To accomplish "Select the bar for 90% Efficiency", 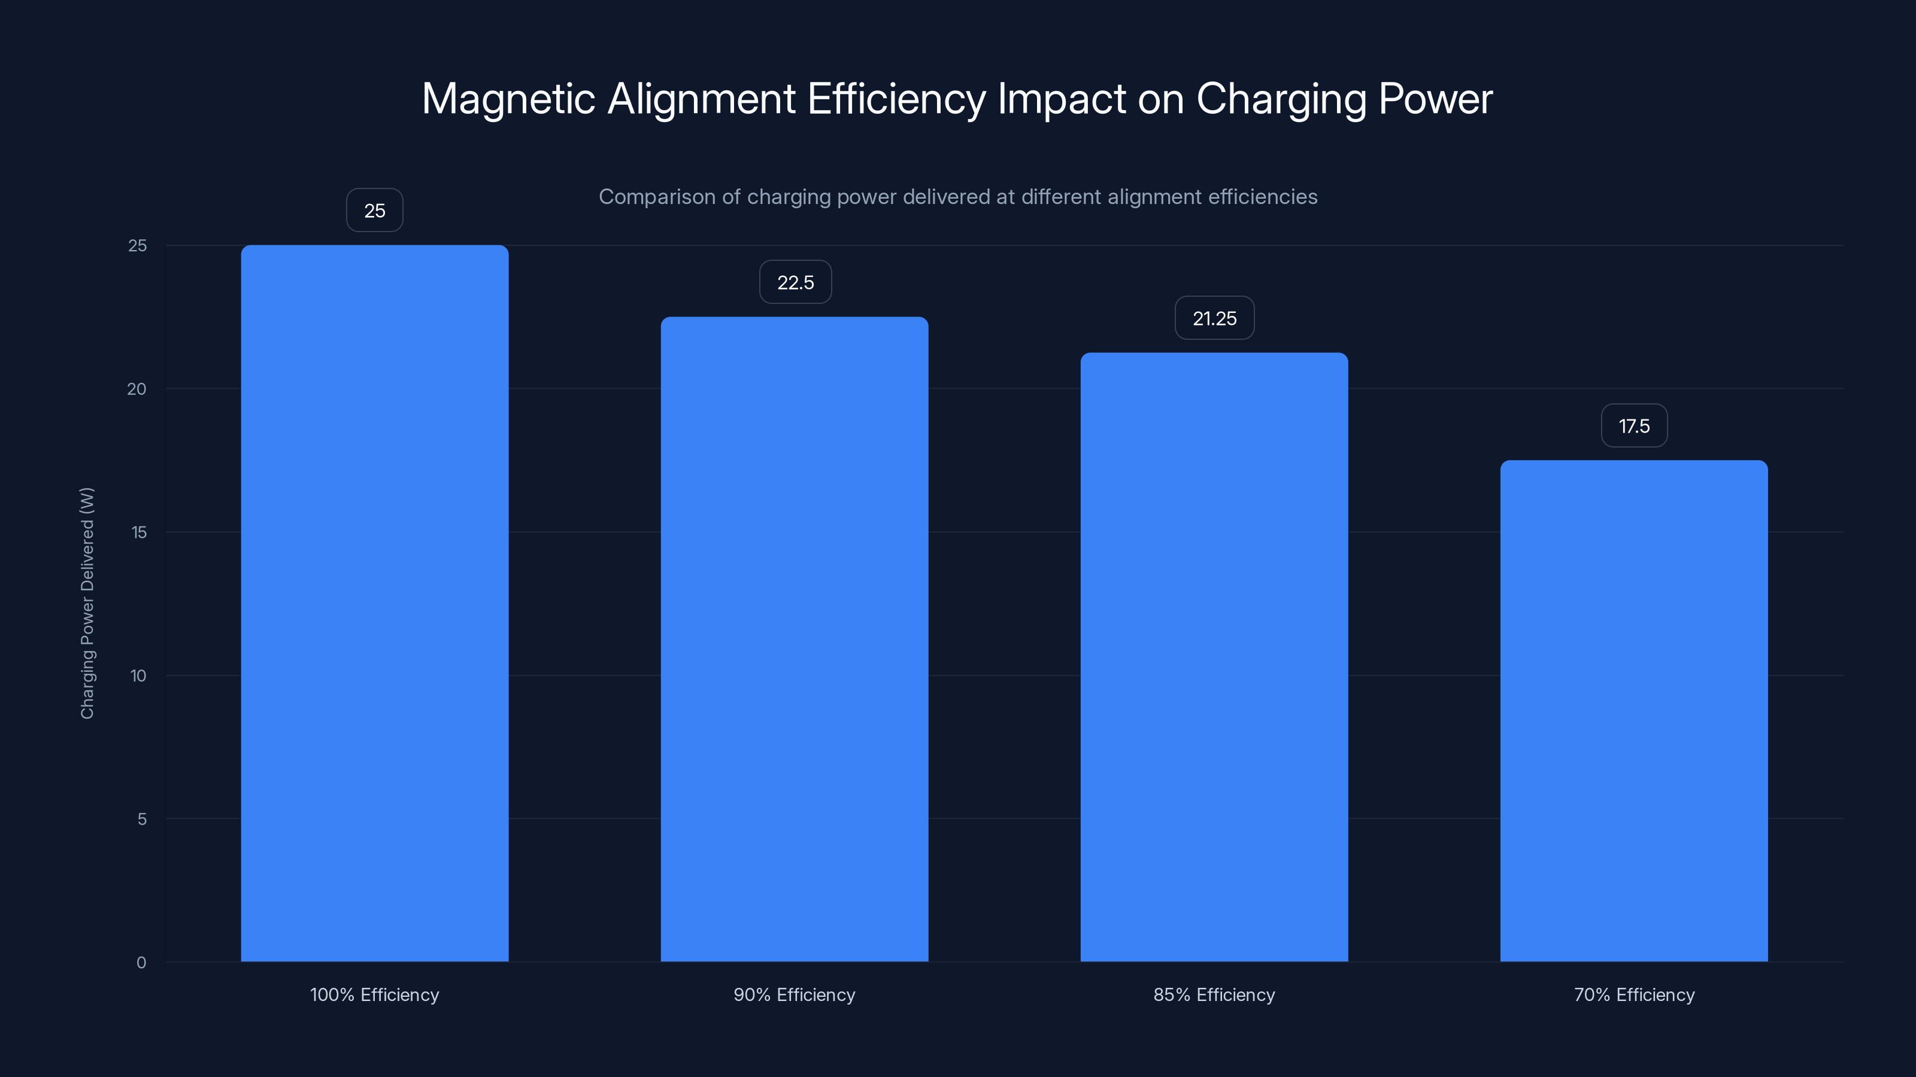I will (795, 638).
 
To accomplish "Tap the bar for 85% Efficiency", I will (1214, 656).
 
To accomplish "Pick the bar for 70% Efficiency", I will (1633, 711).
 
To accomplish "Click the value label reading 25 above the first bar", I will (374, 211).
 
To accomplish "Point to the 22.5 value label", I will (795, 282).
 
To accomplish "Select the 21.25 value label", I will (1215, 318).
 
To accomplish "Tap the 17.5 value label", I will (1634, 426).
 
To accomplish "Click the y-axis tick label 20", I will (137, 389).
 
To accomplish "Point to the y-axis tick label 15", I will (138, 532).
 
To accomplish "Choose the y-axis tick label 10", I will (138, 676).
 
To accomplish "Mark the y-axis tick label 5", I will (141, 819).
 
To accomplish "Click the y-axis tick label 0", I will (141, 963).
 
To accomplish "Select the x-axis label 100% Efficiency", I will (374, 994).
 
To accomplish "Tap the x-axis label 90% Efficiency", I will (795, 994).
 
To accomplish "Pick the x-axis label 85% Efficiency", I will (1214, 994).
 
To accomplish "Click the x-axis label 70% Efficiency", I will (1634, 994).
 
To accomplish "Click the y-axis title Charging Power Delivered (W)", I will (87, 603).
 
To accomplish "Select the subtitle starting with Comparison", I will (958, 197).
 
